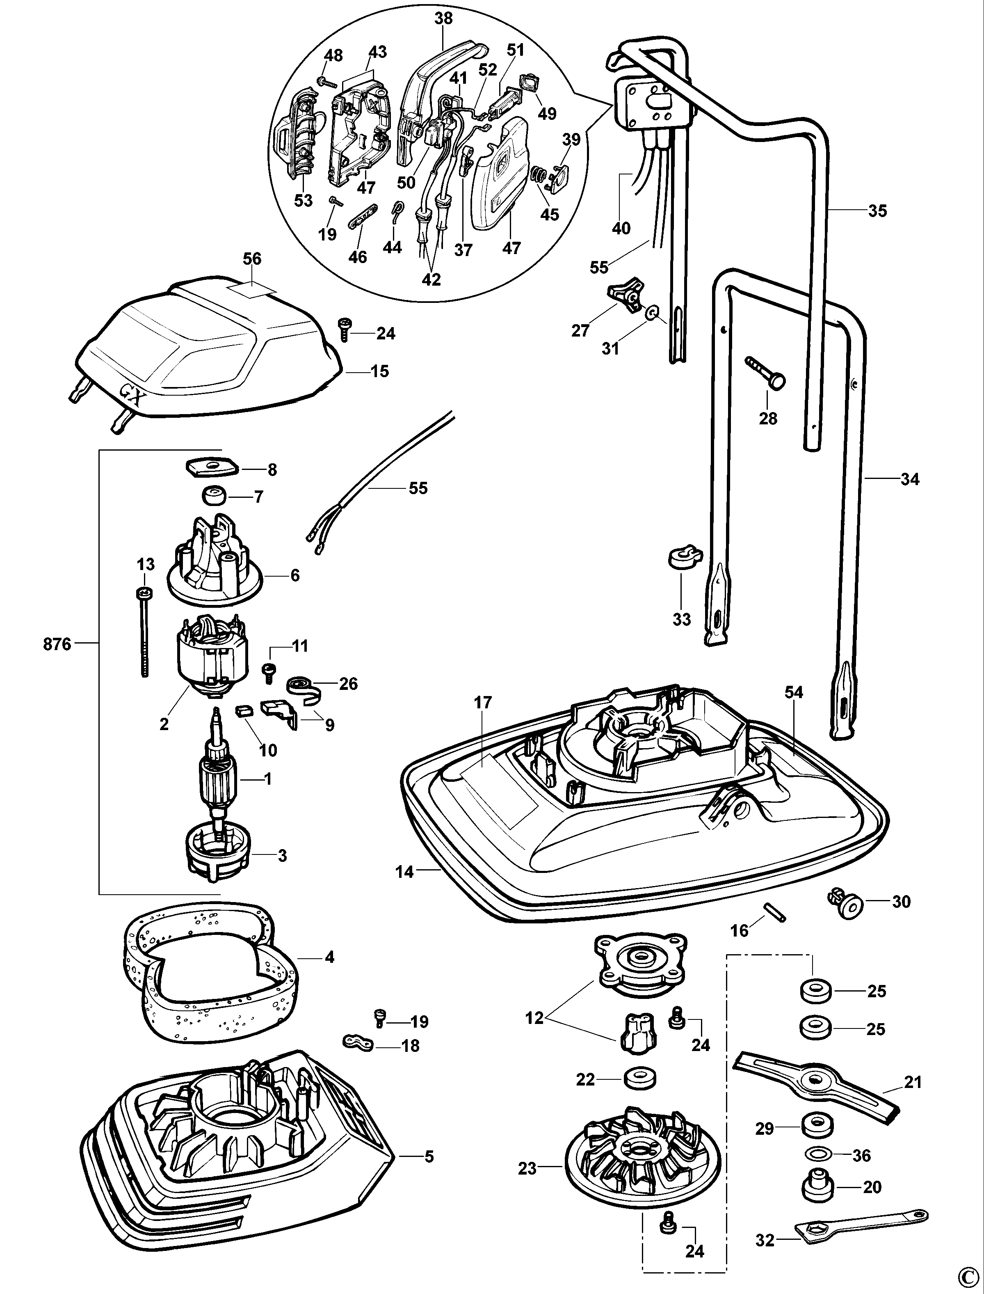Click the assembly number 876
point(57,645)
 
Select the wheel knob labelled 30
point(846,904)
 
